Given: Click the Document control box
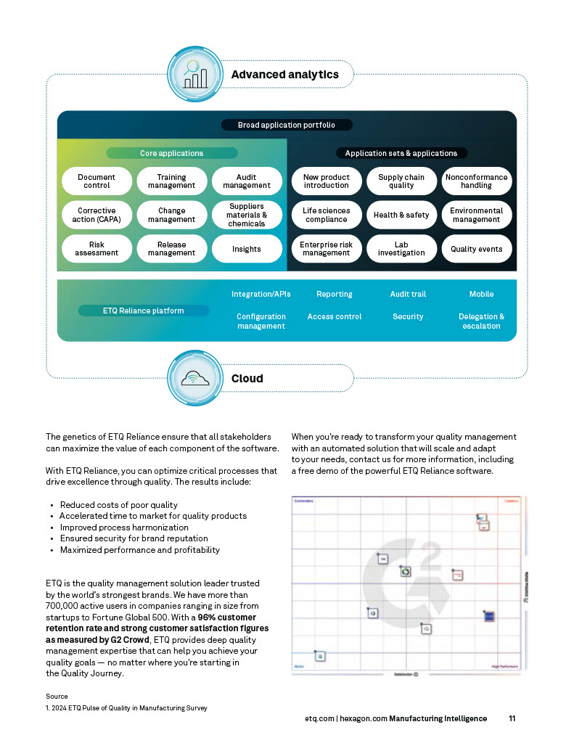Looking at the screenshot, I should pos(97,181).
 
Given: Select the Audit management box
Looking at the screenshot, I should pos(247,181).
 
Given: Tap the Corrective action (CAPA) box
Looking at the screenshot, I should pos(97,215).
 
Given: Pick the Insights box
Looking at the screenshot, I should pos(247,249).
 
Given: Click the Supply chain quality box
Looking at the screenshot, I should pos(401,181).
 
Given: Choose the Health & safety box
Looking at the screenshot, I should pos(401,215).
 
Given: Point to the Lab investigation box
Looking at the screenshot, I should pos(401,249).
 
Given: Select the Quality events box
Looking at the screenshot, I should pos(476,249).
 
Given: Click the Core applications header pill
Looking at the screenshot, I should pos(172,153).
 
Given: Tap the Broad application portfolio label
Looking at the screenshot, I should pos(287,125).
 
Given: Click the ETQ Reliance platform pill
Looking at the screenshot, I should pos(143,311).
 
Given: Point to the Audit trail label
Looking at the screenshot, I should pos(408,294).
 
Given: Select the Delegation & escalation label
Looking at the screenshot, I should pos(481,321).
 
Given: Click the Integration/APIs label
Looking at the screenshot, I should pos(261,294).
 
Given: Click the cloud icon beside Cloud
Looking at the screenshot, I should pos(194,378).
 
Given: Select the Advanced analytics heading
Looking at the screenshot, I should pos(284,74).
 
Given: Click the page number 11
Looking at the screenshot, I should pos(512,718).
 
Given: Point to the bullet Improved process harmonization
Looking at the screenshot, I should pos(123,528).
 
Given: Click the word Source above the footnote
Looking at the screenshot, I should pos(57,696).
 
